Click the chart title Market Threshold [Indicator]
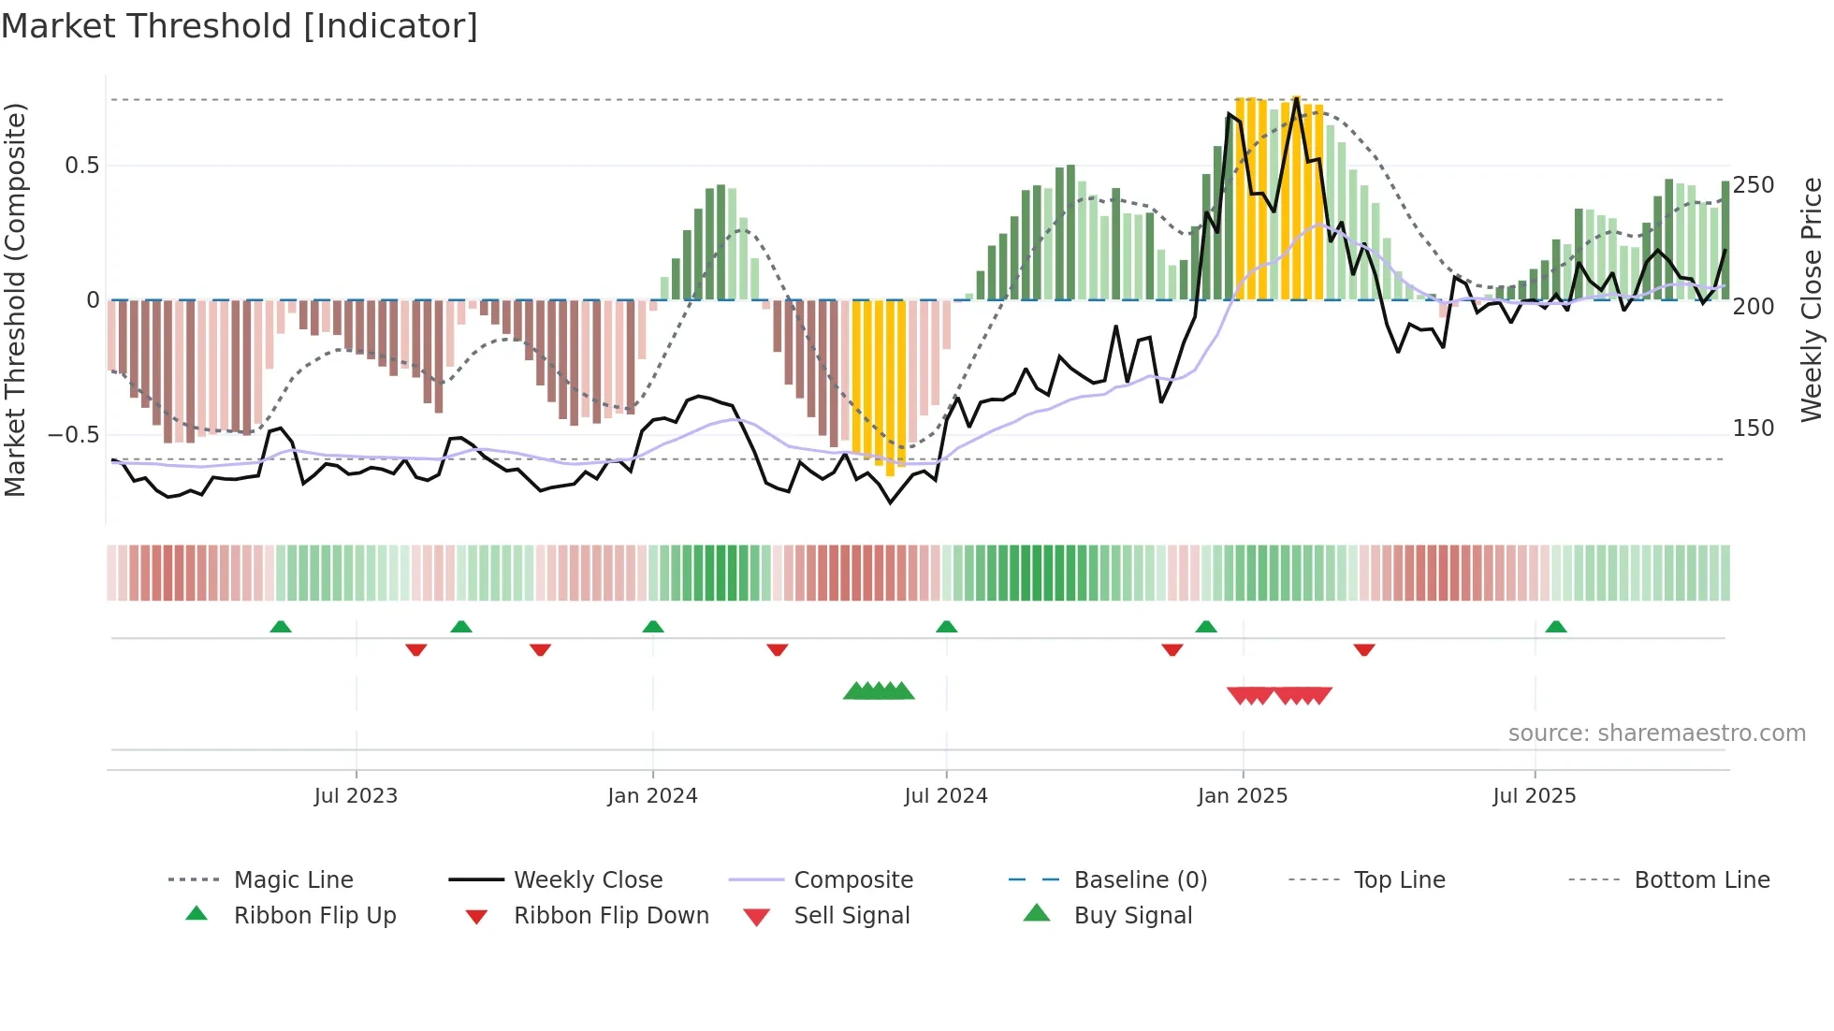click(x=240, y=26)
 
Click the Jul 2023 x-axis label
click(x=356, y=796)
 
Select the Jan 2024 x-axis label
click(x=652, y=796)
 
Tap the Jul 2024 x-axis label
click(x=945, y=796)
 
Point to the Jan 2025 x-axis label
click(x=1242, y=796)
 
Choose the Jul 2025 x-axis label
click(x=1534, y=796)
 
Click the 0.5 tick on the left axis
click(x=81, y=166)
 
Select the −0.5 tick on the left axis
click(x=73, y=435)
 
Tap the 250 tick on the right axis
click(x=1754, y=185)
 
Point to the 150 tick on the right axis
click(x=1754, y=428)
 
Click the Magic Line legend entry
click(x=293, y=880)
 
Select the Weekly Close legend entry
click(x=588, y=880)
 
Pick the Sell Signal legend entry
click(x=851, y=916)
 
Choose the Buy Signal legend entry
click(x=1132, y=916)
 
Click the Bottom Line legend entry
click(x=1701, y=880)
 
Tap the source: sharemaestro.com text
click(x=1656, y=733)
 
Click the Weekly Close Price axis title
click(x=1812, y=299)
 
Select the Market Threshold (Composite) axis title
click(x=15, y=299)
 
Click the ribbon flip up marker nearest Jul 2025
click(x=1555, y=627)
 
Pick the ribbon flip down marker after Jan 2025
click(x=1363, y=649)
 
